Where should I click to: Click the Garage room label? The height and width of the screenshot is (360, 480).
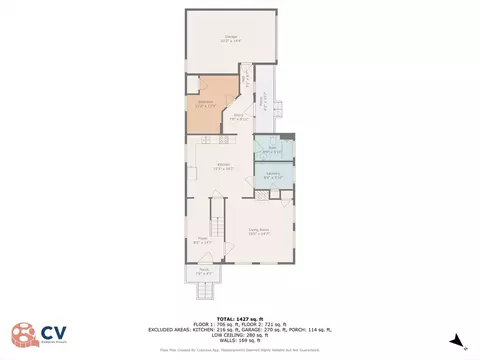click(231, 39)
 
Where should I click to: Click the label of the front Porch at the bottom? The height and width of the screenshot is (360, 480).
click(203, 271)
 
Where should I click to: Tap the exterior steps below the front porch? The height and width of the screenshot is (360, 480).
click(206, 291)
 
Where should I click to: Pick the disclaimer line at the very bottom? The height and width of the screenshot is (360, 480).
click(240, 350)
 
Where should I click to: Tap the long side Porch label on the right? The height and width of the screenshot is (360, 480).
click(264, 101)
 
